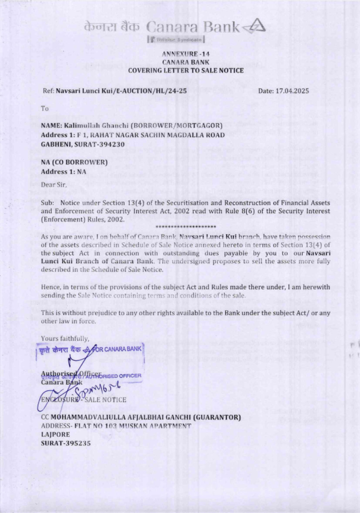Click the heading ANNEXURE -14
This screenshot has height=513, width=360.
[186, 54]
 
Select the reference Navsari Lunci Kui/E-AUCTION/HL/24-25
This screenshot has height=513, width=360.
[121, 91]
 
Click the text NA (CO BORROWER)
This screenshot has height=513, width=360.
[74, 162]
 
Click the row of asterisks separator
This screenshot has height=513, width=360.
[186, 227]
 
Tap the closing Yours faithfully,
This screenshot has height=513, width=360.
[65, 338]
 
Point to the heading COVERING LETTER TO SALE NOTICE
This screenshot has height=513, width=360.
[186, 70]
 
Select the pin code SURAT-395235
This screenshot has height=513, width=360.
[66, 443]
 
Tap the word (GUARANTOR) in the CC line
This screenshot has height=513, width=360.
[217, 417]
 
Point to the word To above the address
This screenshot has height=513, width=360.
[45, 108]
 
